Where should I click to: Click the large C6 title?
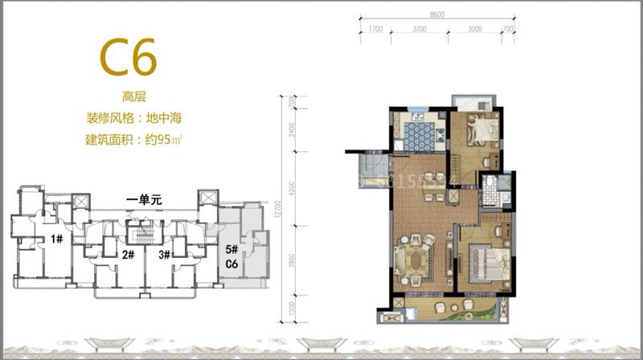click(128, 55)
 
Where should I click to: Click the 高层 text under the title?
click(128, 96)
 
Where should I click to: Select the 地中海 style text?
click(170, 118)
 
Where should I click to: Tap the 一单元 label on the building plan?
click(145, 201)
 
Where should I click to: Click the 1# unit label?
click(57, 239)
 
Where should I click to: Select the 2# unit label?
click(127, 255)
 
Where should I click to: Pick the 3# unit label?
click(164, 255)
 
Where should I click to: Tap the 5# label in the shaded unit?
click(231, 249)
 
